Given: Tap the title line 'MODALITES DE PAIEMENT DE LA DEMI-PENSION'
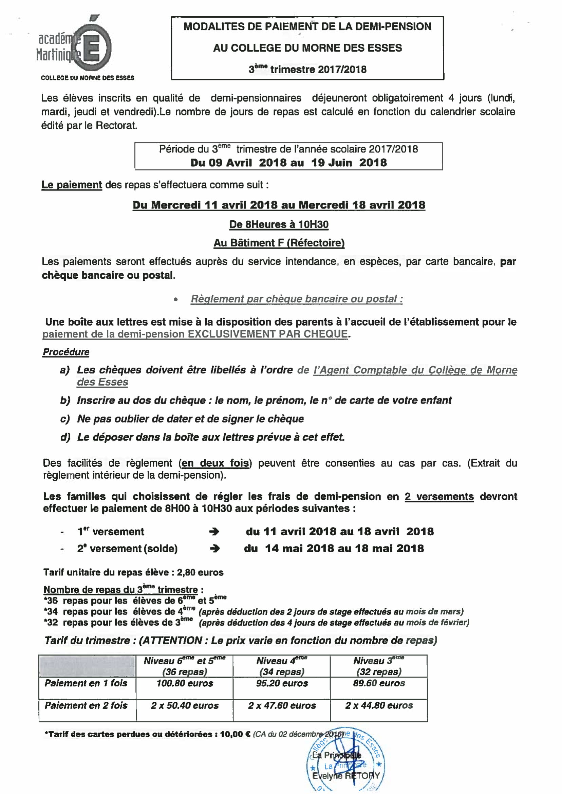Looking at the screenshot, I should (x=307, y=27).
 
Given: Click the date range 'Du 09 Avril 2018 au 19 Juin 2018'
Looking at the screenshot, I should (x=288, y=163).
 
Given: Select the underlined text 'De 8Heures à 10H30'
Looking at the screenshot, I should (x=279, y=225).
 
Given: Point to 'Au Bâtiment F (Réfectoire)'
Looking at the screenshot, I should (x=279, y=243).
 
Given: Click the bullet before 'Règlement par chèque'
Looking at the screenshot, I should (x=176, y=299).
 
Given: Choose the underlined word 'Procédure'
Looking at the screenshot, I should (x=66, y=352).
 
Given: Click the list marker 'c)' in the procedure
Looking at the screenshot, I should (x=65, y=419).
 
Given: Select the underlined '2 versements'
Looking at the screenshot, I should (x=439, y=496).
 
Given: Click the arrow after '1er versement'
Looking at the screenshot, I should (x=214, y=532).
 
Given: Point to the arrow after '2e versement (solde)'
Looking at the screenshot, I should (x=215, y=549).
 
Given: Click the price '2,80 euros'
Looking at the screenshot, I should (x=200, y=572).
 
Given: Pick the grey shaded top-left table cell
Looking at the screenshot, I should (x=87, y=666).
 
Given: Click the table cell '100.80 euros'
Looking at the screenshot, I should (x=185, y=684).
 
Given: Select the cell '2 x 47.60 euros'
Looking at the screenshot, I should (x=282, y=706).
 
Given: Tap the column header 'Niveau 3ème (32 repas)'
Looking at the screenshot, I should (x=379, y=666).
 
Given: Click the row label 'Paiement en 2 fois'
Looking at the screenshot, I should (x=86, y=706).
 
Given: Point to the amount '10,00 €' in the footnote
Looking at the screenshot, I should (x=235, y=735).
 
